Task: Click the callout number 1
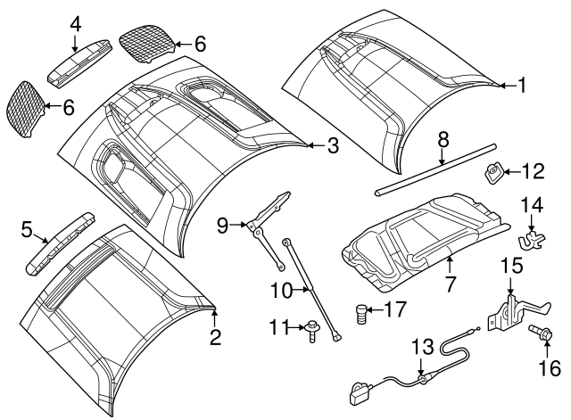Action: pos(522,86)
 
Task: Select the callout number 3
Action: pos(333,145)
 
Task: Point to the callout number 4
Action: pos(75,23)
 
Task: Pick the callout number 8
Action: pos(442,141)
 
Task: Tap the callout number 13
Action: pos(419,345)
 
